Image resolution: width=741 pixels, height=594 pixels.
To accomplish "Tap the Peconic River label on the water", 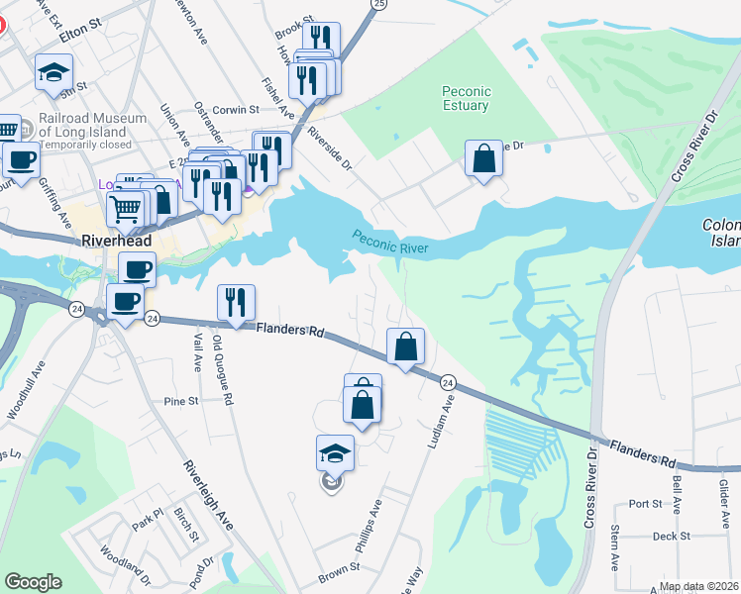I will [390, 241].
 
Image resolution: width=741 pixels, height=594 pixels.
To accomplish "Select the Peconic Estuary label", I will [465, 98].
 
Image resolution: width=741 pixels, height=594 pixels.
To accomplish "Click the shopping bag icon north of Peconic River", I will [482, 158].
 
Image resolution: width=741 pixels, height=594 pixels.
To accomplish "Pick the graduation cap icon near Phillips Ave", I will [335, 453].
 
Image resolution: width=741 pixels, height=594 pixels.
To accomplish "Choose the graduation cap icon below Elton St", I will [53, 72].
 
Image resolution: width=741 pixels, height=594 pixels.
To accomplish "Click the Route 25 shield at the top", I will [377, 5].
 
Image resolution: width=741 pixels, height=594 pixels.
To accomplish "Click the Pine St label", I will [181, 402].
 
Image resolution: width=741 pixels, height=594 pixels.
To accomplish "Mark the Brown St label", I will [338, 571].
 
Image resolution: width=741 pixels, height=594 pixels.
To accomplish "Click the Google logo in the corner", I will [33, 582].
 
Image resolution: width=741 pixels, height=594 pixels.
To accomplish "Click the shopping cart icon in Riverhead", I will [124, 209].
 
